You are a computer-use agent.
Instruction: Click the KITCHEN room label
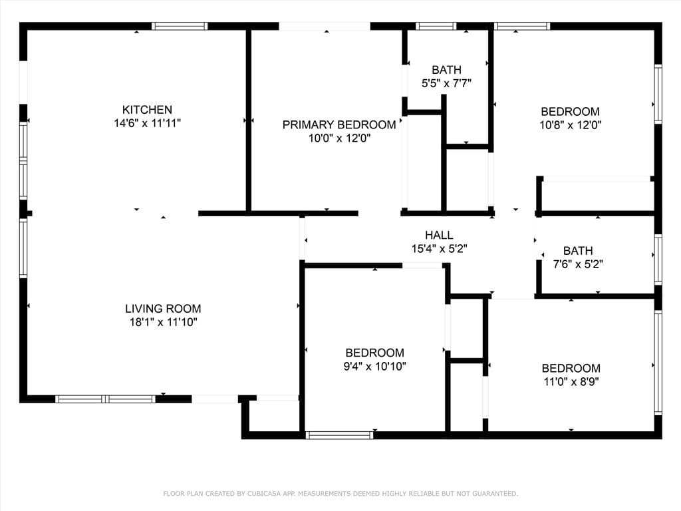(x=147, y=110)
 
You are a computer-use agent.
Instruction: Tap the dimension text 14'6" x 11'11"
(x=147, y=123)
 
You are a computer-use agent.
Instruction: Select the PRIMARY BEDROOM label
(x=339, y=125)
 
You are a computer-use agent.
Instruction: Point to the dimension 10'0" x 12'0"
(x=339, y=138)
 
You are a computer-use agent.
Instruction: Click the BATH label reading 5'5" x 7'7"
(x=446, y=70)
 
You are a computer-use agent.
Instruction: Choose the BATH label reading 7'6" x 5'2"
(x=578, y=251)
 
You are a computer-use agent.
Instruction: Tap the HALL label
(x=439, y=235)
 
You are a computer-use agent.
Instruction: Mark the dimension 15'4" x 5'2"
(x=439, y=248)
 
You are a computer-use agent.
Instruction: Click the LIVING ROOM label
(x=163, y=309)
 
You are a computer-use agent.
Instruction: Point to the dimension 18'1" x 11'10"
(x=163, y=322)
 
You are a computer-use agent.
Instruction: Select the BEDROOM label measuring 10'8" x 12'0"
(x=570, y=112)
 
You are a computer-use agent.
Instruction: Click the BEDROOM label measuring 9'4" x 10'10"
(x=374, y=353)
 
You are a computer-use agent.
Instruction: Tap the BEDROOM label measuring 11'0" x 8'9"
(x=571, y=368)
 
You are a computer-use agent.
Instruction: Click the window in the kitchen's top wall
(x=180, y=27)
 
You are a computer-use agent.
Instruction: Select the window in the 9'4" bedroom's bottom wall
(x=339, y=435)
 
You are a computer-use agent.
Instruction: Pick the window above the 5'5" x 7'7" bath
(x=436, y=27)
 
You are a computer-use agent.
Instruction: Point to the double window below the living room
(x=105, y=399)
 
